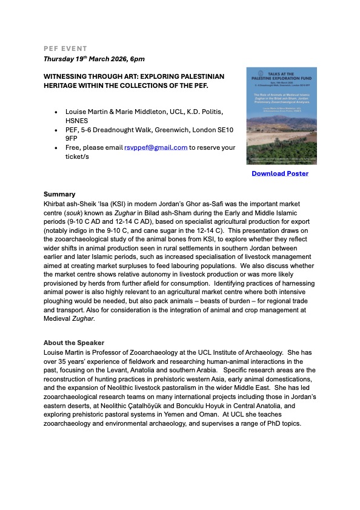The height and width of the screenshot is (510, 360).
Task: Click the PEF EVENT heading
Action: click(65, 48)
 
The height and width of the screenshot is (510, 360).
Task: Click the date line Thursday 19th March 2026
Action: click(94, 59)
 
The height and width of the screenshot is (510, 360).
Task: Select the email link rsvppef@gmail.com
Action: click(156, 147)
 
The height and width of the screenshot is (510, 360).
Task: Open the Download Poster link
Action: click(280, 173)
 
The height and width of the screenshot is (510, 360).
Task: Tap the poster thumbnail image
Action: click(281, 116)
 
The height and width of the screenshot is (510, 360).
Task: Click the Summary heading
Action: click(59, 194)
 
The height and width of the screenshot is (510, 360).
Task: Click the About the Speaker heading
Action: click(73, 343)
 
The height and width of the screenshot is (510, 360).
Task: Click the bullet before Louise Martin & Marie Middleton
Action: click(56, 112)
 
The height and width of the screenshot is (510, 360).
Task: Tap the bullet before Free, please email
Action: click(56, 147)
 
